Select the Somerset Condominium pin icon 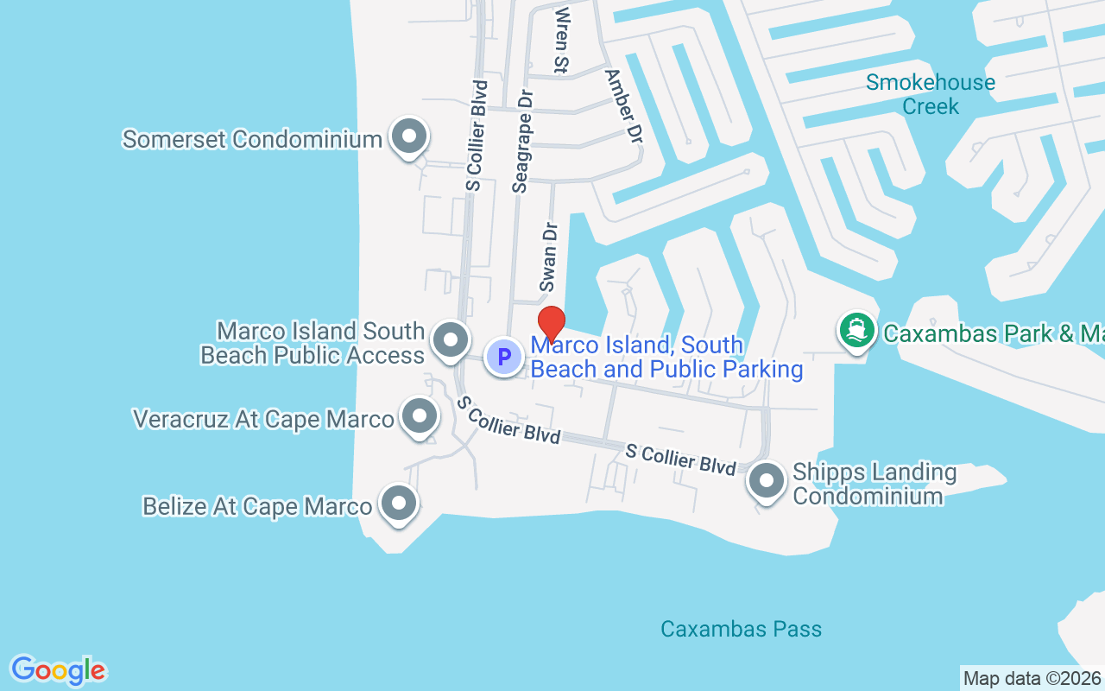tap(409, 137)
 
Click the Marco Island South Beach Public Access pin tap(449, 341)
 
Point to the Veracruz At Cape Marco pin tap(420, 416)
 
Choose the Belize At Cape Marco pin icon tap(399, 504)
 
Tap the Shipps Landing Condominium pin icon tap(766, 481)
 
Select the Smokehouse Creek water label tap(931, 94)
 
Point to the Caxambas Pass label tap(741, 629)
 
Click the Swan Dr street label tap(549, 257)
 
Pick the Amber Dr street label tap(624, 106)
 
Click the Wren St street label tap(563, 39)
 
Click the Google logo tap(58, 670)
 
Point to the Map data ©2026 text tap(1032, 678)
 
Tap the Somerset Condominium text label tap(252, 139)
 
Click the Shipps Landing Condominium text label tap(874, 484)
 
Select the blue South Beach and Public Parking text tap(666, 357)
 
